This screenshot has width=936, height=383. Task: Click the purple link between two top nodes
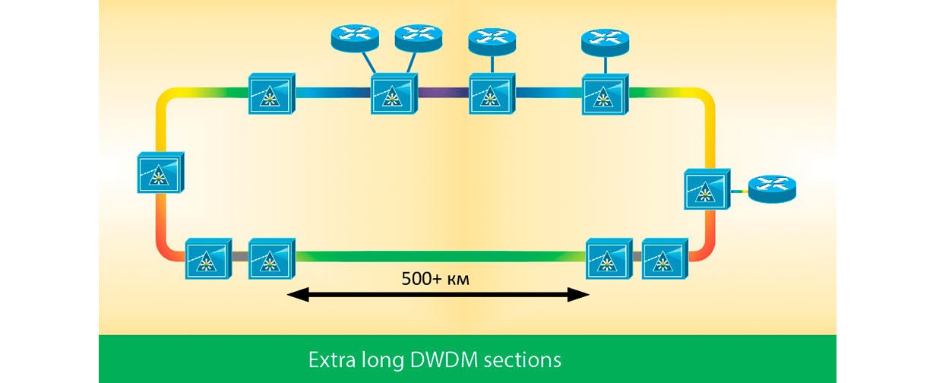click(x=443, y=93)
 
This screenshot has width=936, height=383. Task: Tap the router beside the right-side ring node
click(x=771, y=188)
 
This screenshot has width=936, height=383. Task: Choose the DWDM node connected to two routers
click(x=394, y=94)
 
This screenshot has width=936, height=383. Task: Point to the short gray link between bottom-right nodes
click(x=637, y=257)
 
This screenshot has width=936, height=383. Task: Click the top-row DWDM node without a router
click(x=271, y=93)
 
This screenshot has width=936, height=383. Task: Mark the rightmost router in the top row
click(x=604, y=40)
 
